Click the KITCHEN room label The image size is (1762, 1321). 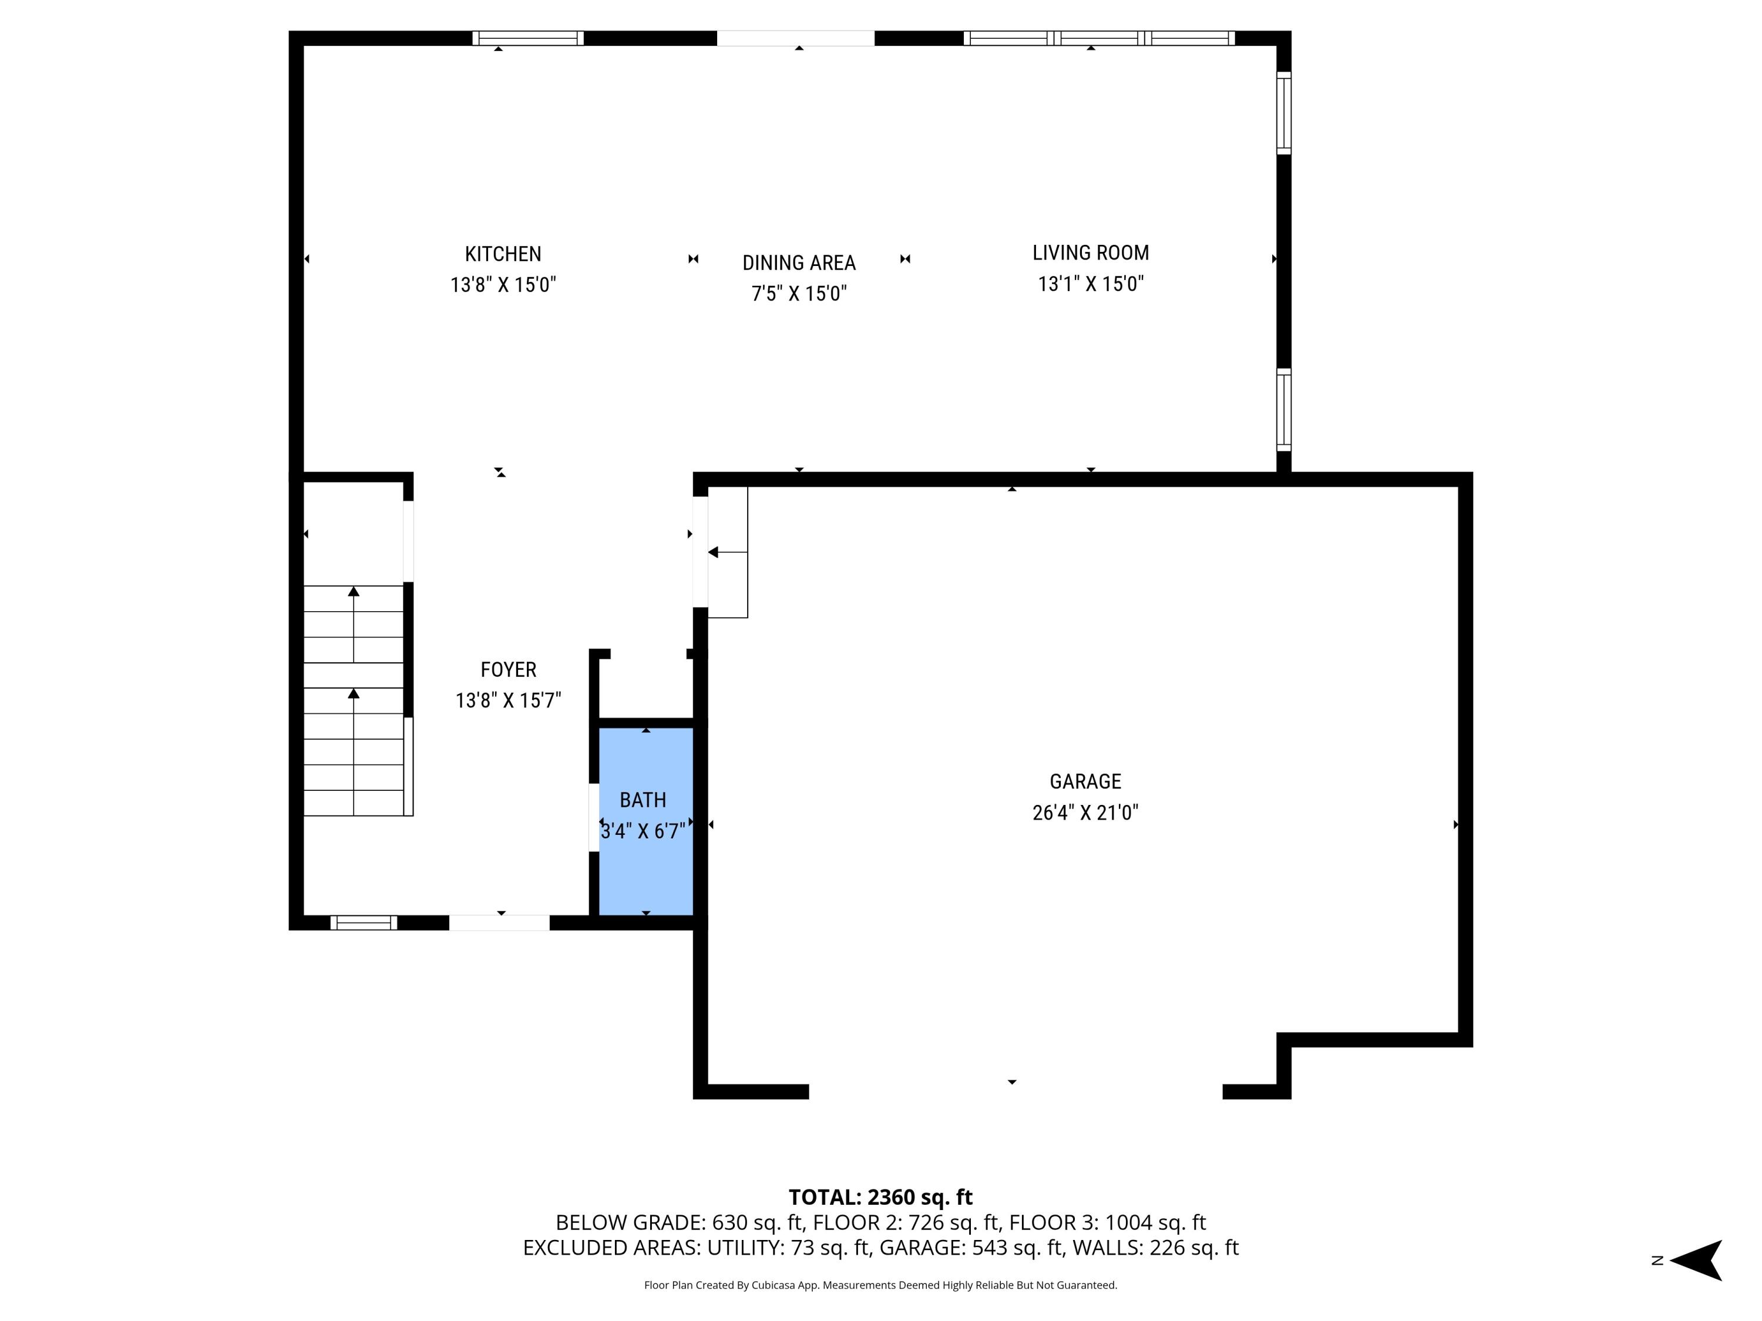coord(503,254)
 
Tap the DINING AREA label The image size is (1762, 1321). coord(798,263)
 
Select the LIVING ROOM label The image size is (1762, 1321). coord(1091,252)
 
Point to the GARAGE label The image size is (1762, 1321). coord(1085,781)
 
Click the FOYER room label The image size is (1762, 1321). coord(508,670)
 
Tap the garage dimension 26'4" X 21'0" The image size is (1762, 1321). coord(1085,812)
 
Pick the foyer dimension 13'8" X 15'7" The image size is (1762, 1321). coord(508,700)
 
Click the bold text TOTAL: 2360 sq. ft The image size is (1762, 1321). coord(880,1197)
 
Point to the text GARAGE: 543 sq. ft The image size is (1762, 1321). coord(1017,1248)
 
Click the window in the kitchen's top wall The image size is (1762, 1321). coord(527,38)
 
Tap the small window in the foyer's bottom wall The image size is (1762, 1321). coord(363,922)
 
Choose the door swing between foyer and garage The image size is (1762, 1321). coord(727,552)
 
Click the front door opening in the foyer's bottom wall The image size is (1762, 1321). coord(499,922)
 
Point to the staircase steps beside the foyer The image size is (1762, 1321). coord(354,700)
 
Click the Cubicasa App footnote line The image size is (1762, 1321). coord(880,1285)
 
